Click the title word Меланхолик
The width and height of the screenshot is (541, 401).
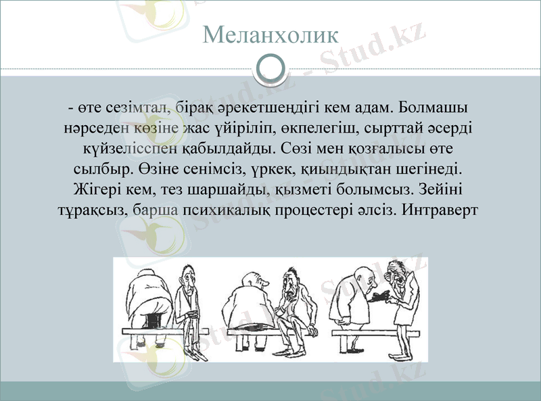coord(270,34)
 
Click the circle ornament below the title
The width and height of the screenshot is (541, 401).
coord(270,68)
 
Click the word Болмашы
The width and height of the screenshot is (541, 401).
coord(435,107)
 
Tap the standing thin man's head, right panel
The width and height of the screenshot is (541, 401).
coord(397,274)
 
